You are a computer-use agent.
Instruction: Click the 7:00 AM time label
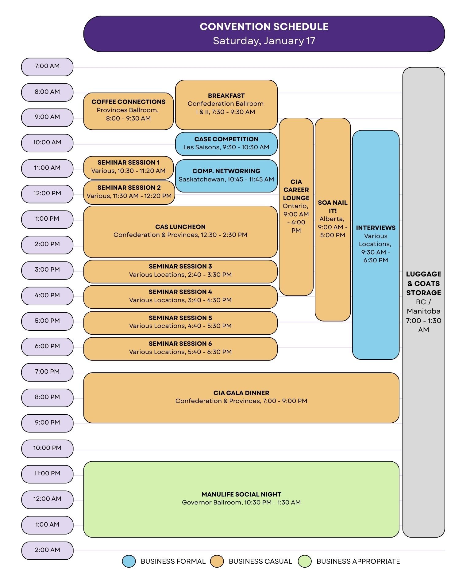47,66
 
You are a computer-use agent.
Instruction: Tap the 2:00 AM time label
47,550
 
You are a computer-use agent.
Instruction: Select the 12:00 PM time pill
47,193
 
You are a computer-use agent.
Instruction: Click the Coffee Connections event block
128,110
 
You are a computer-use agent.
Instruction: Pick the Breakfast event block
226,104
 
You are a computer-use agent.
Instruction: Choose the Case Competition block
226,143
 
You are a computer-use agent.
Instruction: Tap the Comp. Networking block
226,175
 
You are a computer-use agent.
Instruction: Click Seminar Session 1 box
128,167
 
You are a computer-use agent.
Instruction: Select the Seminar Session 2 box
129,192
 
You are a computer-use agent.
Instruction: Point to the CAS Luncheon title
180,227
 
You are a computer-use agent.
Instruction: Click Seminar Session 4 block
180,296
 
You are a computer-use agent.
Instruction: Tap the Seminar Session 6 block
180,348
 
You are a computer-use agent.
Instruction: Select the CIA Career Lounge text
296,190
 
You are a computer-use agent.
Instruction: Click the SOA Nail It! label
333,207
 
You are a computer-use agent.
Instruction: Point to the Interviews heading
376,228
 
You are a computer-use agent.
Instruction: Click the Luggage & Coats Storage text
423,283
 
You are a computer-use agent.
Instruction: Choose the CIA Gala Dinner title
241,393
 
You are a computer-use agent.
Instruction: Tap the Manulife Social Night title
241,494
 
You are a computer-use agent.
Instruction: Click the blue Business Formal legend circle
129,561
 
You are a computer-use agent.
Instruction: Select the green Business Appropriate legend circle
305,561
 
